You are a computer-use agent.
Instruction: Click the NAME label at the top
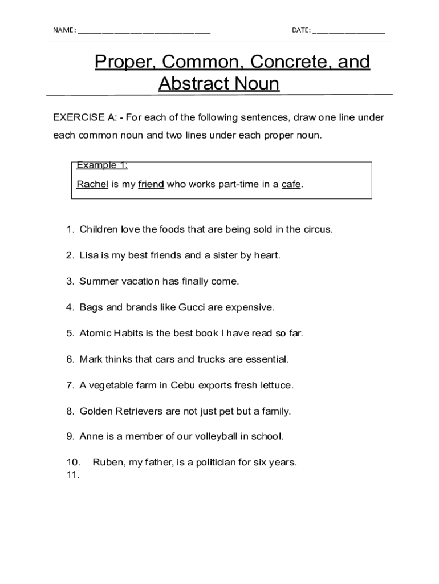click(64, 30)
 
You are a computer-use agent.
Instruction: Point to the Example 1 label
click(101, 165)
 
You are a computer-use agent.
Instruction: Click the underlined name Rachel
click(92, 184)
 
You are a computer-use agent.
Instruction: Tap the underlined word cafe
click(291, 184)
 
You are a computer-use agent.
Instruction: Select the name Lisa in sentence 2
click(89, 255)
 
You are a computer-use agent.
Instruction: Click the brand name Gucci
click(192, 307)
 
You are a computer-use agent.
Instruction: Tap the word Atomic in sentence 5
click(94, 333)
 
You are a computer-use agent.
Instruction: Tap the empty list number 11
click(72, 474)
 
